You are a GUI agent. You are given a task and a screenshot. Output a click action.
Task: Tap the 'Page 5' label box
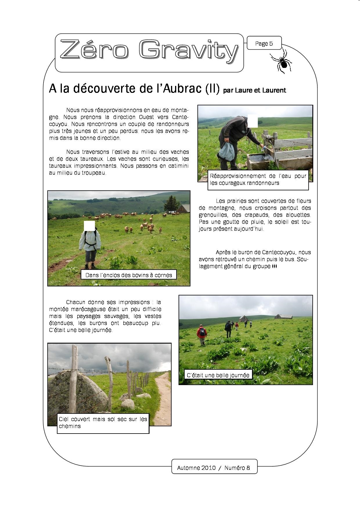point(264,44)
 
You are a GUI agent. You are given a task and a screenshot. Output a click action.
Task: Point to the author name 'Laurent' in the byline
point(274,90)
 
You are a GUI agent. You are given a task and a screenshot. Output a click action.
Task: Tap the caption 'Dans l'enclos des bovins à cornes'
point(129,275)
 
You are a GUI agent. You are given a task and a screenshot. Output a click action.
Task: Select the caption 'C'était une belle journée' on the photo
point(218,375)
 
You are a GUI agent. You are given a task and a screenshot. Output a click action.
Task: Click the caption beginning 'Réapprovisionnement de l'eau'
point(258,179)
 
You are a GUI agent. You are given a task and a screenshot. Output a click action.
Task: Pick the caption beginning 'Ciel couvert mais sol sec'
point(103,423)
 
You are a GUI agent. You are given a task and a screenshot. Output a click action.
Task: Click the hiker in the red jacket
point(201,335)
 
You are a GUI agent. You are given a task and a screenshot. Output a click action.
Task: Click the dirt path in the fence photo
point(163,398)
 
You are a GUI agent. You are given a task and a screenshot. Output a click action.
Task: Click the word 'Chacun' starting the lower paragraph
point(75,302)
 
